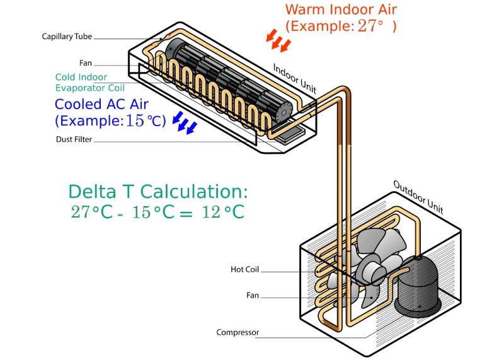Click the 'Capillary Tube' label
tap(67, 37)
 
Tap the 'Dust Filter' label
tap(75, 139)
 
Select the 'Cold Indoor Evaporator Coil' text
tap(89, 83)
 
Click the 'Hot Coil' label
tap(245, 270)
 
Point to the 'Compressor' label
tap(238, 332)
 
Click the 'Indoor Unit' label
tap(295, 78)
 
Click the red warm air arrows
tap(278, 39)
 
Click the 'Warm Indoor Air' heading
tap(341, 9)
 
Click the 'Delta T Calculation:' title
tap(158, 192)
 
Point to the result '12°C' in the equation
tap(223, 212)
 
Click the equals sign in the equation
tap(185, 213)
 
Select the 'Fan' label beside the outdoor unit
tap(253, 295)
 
